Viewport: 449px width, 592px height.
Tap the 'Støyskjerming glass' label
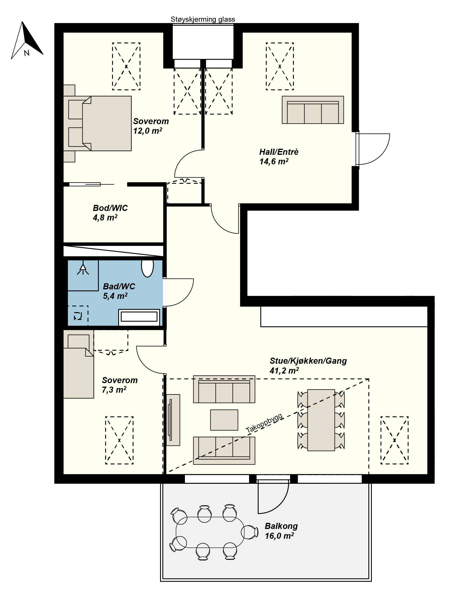click(203, 19)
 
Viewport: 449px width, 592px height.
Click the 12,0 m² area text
click(147, 131)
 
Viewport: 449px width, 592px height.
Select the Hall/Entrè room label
click(279, 152)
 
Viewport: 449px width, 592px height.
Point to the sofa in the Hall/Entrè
click(313, 110)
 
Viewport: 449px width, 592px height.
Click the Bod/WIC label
click(110, 208)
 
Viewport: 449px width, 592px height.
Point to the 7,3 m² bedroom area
click(114, 390)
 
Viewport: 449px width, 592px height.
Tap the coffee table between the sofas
click(224, 420)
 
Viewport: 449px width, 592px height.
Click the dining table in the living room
click(321, 420)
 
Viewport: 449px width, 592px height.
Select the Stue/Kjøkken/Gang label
click(308, 361)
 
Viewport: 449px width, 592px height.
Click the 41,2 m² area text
click(284, 371)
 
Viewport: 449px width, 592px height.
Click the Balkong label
click(281, 526)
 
